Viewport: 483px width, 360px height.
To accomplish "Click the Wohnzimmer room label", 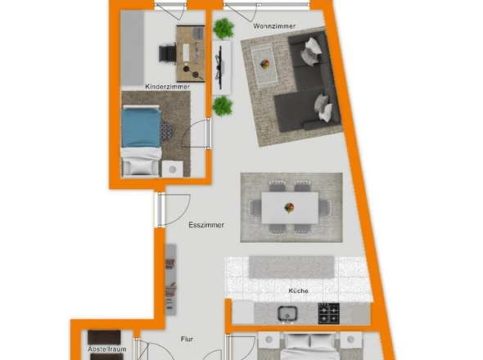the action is pos(274,26).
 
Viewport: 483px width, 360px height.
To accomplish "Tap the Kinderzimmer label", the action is pos(167,87).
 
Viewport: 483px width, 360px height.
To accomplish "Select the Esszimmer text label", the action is pos(206,225).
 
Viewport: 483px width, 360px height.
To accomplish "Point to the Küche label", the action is pos(298,290).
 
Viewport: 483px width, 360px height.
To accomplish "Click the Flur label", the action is pos(187,339).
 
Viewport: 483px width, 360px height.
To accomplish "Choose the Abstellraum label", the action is pos(107,349).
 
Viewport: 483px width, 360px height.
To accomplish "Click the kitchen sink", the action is pos(287,313).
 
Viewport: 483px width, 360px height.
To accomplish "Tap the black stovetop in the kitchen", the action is pos(328,313).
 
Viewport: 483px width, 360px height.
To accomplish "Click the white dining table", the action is pos(290,208).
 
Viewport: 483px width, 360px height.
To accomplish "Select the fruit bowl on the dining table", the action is pos(289,208).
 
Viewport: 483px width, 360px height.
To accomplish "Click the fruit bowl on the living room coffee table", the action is pos(264,65).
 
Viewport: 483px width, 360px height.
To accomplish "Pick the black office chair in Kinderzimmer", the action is pos(168,53).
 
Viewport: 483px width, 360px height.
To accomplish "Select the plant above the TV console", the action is pos(223,29).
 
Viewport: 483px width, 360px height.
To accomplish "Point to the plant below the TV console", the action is pos(223,106).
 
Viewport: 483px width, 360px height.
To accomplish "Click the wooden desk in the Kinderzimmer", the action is pos(191,54).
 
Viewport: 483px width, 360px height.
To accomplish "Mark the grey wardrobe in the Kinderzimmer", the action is pos(132,48).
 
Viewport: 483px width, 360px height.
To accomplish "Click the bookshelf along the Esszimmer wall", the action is pos(171,280).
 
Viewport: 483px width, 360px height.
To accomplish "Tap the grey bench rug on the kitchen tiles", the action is pos(291,267).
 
